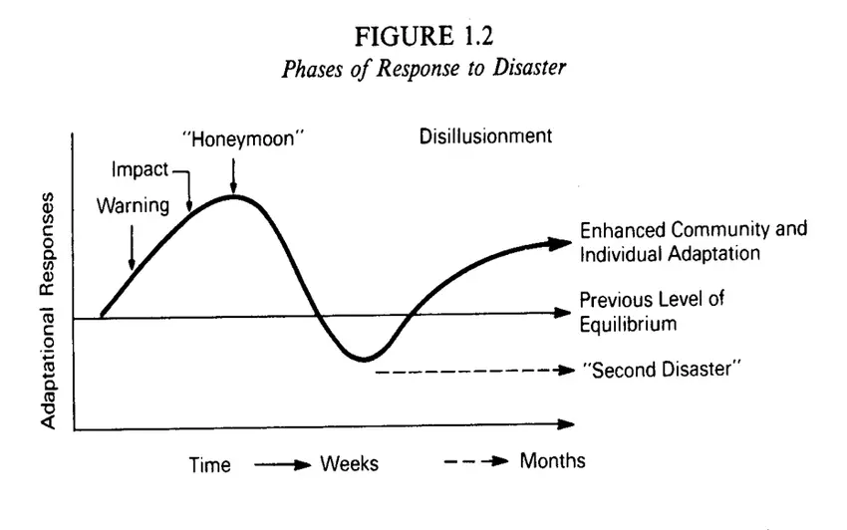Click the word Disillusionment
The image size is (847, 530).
[x=485, y=136]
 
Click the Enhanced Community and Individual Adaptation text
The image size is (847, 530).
[x=693, y=241]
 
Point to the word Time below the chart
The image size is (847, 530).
[x=210, y=464]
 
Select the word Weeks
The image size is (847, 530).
[x=350, y=464]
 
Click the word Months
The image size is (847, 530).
[x=552, y=461]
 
